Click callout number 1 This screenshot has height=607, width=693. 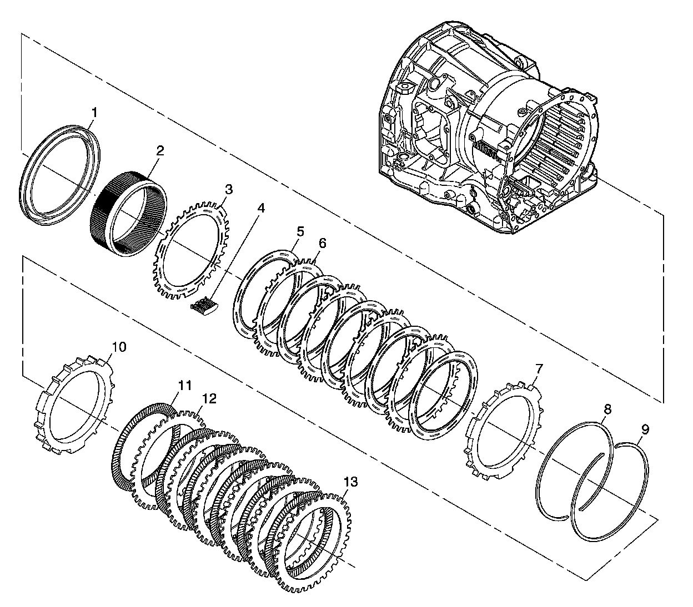pyautogui.click(x=94, y=113)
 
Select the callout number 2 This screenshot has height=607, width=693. pyautogui.click(x=160, y=150)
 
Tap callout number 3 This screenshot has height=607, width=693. pyautogui.click(x=228, y=189)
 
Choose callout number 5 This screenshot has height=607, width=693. pyautogui.click(x=300, y=231)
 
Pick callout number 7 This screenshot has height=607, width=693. pyautogui.click(x=539, y=368)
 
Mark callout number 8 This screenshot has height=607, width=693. pyautogui.click(x=607, y=409)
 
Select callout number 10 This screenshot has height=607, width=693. pyautogui.click(x=119, y=347)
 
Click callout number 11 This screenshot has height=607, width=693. pyautogui.click(x=184, y=384)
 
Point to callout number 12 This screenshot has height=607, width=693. pyautogui.click(x=209, y=398)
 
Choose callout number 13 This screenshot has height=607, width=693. pyautogui.click(x=350, y=482)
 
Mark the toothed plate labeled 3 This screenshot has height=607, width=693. pyautogui.click(x=161, y=261)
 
